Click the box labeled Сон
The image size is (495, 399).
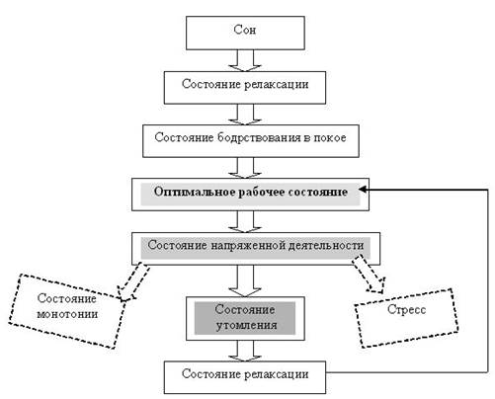coord(245,33)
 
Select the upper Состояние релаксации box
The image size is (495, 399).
coord(245,87)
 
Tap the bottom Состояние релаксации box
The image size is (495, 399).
coord(245,377)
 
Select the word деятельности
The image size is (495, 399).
coord(326,245)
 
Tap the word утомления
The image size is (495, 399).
coord(246,325)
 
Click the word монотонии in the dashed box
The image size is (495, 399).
coord(67,314)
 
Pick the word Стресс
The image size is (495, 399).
coord(406,309)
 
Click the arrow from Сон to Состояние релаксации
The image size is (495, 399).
coord(245,60)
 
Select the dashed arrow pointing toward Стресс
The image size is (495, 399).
coord(370,274)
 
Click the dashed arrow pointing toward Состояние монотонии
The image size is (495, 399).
coord(133,281)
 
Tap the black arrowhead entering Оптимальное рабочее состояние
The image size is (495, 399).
coord(363,190)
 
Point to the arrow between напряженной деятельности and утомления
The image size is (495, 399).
coord(245,280)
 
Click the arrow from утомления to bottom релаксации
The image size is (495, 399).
coord(245,351)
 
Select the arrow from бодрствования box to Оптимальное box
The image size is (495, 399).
coord(245,168)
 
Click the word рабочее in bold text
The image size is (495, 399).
coord(262,193)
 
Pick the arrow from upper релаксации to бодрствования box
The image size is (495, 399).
coord(245,115)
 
